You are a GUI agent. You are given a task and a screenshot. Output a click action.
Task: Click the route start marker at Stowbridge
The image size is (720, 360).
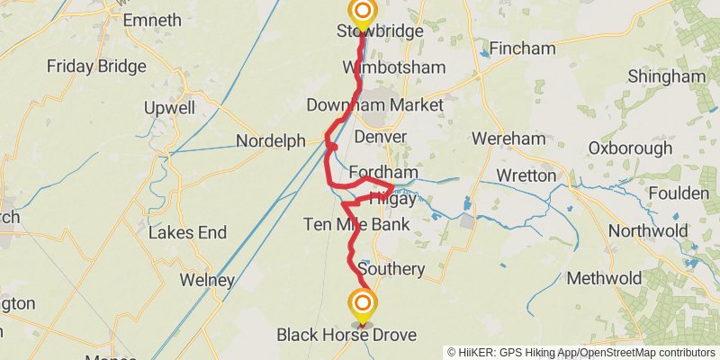click(x=362, y=12)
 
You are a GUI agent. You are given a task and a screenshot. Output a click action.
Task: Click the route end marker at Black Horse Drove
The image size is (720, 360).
click(x=362, y=302)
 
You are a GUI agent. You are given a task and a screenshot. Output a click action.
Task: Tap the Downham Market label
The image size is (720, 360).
click(x=374, y=105)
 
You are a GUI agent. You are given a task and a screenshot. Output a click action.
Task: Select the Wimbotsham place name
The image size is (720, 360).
click(x=381, y=67)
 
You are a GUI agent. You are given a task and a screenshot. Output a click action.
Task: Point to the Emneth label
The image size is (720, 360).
click(x=151, y=19)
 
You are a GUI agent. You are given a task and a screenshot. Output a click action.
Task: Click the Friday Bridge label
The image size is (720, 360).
click(x=96, y=66)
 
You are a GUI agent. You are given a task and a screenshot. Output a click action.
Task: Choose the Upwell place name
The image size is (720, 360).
click(x=169, y=108)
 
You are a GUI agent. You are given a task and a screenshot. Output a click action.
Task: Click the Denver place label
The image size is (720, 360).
click(x=381, y=137)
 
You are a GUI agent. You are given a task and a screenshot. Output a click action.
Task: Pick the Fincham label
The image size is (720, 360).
click(x=525, y=47)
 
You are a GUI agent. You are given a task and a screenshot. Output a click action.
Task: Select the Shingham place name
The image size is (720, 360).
click(x=667, y=76)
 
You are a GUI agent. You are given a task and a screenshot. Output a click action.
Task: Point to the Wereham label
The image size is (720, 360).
click(x=508, y=139)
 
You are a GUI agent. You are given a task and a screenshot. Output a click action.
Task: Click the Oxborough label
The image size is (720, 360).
click(x=630, y=148)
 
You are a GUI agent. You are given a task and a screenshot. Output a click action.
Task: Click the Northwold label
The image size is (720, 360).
click(x=648, y=231)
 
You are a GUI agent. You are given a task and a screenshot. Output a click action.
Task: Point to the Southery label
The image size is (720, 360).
click(x=391, y=269)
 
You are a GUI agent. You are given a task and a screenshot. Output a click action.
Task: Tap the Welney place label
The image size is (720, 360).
click(x=207, y=281)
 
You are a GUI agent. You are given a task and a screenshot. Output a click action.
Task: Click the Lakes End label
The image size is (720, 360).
click(x=187, y=233)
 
